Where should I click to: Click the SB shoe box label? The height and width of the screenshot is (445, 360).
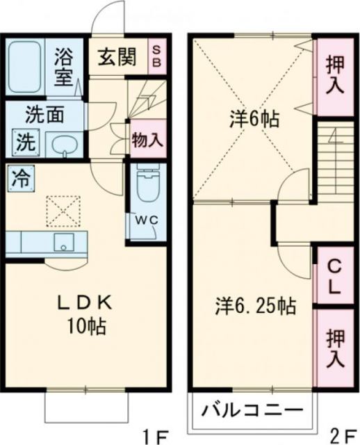[157, 55]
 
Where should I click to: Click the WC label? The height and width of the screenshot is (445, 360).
[146, 220]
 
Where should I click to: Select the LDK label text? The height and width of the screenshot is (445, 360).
[87, 305]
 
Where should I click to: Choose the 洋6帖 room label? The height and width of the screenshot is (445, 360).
[255, 120]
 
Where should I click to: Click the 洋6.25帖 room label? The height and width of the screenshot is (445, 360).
[254, 305]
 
